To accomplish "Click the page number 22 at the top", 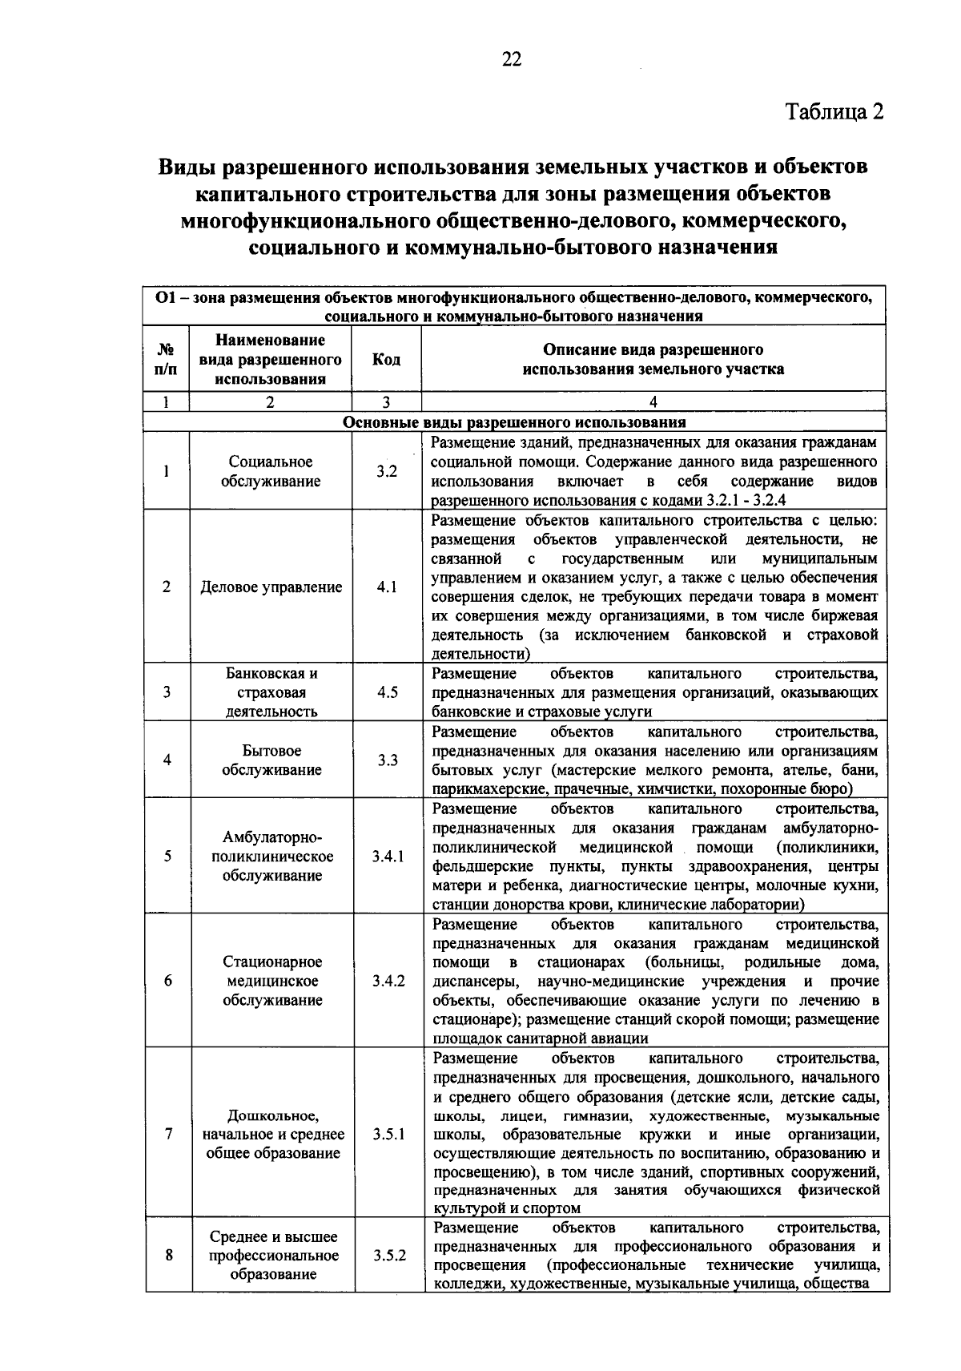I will pyautogui.click(x=512, y=59).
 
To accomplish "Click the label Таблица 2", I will pyautogui.click(x=833, y=111).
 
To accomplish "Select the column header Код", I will pyautogui.click(x=386, y=360).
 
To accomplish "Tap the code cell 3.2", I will pyautogui.click(x=387, y=471).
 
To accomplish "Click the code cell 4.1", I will pyautogui.click(x=387, y=587).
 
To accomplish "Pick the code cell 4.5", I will pyautogui.click(x=387, y=692).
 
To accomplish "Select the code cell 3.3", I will pyautogui.click(x=388, y=760).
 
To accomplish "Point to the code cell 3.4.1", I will pyautogui.click(x=388, y=856).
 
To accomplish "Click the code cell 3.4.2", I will pyautogui.click(x=388, y=981).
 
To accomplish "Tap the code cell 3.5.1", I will pyautogui.click(x=388, y=1135).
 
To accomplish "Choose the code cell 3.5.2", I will pyautogui.click(x=388, y=1256).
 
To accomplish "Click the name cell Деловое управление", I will pyautogui.click(x=271, y=587).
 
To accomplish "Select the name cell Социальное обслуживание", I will pyautogui.click(x=271, y=471).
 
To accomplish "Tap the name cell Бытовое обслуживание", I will pyautogui.click(x=271, y=760).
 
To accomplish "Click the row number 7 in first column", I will pyautogui.click(x=167, y=1135).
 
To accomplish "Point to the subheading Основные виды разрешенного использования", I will pyautogui.click(x=514, y=422).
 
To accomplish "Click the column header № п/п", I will pyautogui.click(x=167, y=360).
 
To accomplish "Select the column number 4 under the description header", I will pyautogui.click(x=653, y=402).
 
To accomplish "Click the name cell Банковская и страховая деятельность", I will pyautogui.click(x=271, y=692).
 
